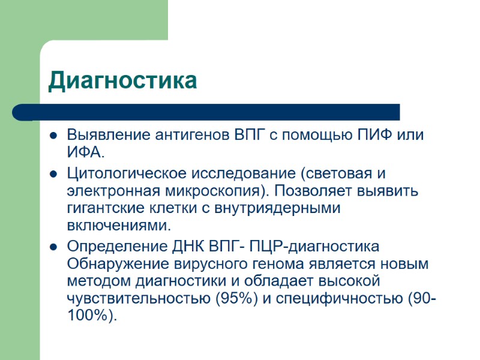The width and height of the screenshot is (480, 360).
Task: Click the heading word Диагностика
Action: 122,81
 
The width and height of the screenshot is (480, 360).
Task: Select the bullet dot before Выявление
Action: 53,135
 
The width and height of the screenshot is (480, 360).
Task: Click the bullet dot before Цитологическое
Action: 53,175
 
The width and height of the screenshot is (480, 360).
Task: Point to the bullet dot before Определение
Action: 53,247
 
